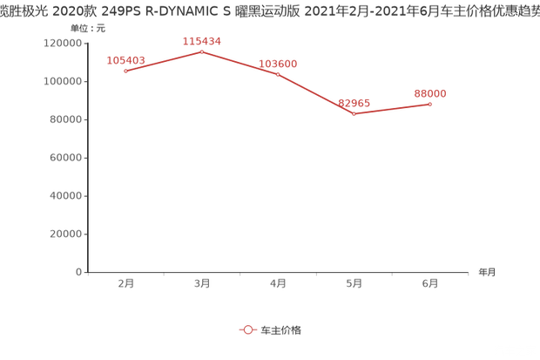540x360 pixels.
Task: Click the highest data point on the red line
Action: point(202,52)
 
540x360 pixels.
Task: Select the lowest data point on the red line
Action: point(354,114)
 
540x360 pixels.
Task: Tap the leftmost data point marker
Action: point(126,71)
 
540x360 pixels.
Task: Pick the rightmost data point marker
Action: point(429,104)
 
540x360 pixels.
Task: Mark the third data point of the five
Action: point(278,74)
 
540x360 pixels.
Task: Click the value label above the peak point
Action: point(202,41)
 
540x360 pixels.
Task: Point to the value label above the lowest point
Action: point(354,102)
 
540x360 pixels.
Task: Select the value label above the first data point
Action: point(126,59)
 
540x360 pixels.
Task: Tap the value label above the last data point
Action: point(430,92)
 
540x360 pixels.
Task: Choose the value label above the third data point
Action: point(279,63)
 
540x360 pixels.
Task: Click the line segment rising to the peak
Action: point(164,62)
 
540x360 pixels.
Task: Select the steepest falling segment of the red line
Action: point(315,94)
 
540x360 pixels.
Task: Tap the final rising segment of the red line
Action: point(392,109)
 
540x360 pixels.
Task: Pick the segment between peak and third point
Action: point(240,63)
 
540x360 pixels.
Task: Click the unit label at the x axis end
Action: point(486,272)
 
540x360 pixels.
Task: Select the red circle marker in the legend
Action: point(247,330)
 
